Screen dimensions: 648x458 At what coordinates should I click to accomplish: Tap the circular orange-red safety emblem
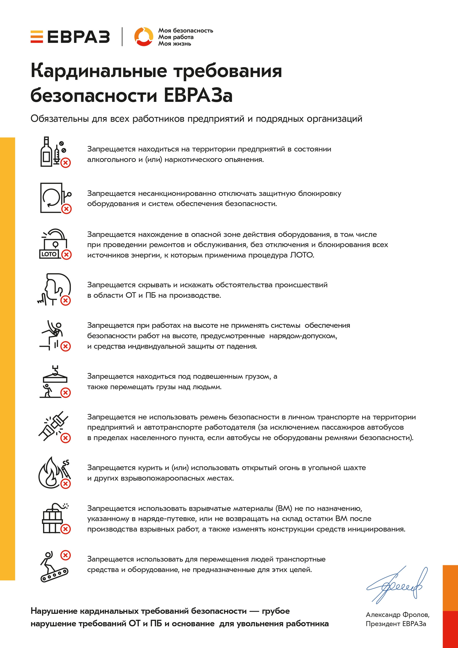144,37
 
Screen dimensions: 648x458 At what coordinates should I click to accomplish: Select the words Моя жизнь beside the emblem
174,44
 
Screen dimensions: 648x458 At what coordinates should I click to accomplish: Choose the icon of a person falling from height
54,335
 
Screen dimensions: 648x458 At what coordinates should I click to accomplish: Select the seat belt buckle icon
54,426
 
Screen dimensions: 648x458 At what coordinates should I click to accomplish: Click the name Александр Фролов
397,615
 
